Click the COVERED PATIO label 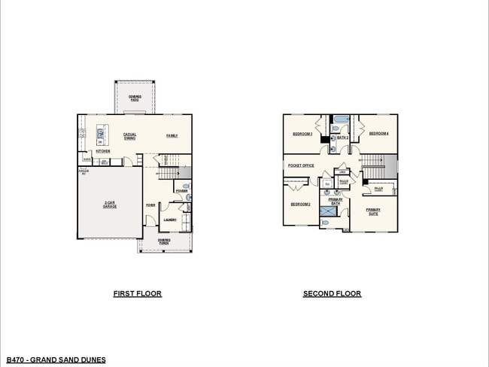[135, 97]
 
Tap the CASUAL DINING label [129, 136]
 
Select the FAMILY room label [172, 135]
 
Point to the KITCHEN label [103, 151]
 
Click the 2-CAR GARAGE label [110, 205]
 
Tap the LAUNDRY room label [169, 220]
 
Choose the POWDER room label [181, 191]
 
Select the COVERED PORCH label [164, 241]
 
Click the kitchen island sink [101, 132]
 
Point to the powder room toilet [187, 198]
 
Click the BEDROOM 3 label [302, 133]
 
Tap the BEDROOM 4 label [378, 133]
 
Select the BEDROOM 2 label [301, 204]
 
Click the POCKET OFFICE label [301, 165]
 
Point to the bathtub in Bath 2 [341, 119]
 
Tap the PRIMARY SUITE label [373, 211]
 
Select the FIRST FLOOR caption [137, 293]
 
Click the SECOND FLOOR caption [332, 293]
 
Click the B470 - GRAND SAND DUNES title [56, 359]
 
